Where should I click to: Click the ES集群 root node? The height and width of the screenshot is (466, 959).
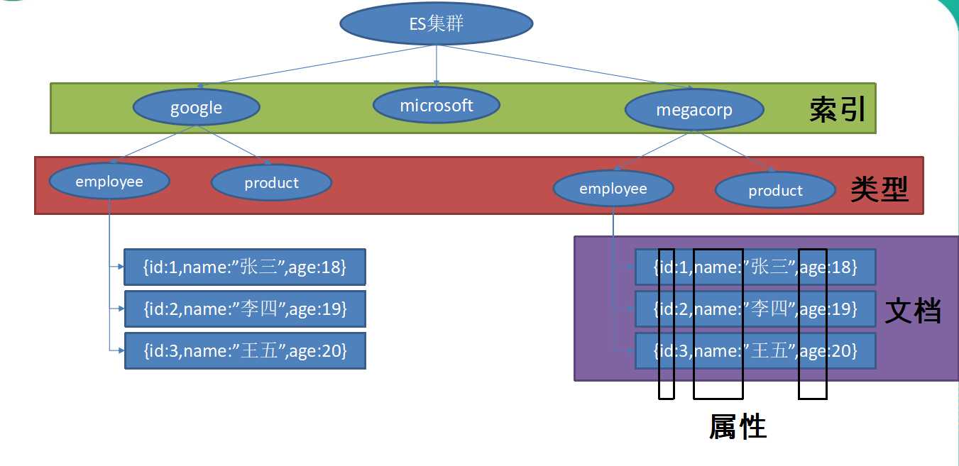pos(436,24)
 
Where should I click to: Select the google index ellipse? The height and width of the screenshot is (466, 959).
pos(196,108)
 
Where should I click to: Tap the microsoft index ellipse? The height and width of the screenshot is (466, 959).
pos(436,106)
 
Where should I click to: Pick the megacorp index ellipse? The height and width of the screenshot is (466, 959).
pos(694,110)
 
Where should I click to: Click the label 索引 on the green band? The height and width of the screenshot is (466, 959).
pos(838,110)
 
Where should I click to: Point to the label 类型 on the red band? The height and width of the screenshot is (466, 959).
pos(879,190)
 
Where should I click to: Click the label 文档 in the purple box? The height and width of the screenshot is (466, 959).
pos(913,311)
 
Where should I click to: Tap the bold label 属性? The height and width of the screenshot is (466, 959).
pos(738,426)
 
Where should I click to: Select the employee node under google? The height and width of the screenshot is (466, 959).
pos(109,182)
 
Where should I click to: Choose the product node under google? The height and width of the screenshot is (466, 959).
pos(271,183)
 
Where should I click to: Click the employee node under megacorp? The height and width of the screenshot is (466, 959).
pos(613,189)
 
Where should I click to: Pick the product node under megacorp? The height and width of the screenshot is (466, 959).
pos(775,191)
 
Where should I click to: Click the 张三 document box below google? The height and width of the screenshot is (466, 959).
pos(245,267)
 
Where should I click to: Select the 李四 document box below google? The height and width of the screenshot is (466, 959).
pos(245,309)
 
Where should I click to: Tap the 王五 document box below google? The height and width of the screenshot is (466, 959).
pos(245,350)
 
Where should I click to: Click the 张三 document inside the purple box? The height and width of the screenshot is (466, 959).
pos(755,267)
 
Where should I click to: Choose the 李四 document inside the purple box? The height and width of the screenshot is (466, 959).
pos(755,309)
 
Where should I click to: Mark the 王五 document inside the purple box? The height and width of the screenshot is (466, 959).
pos(755,350)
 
